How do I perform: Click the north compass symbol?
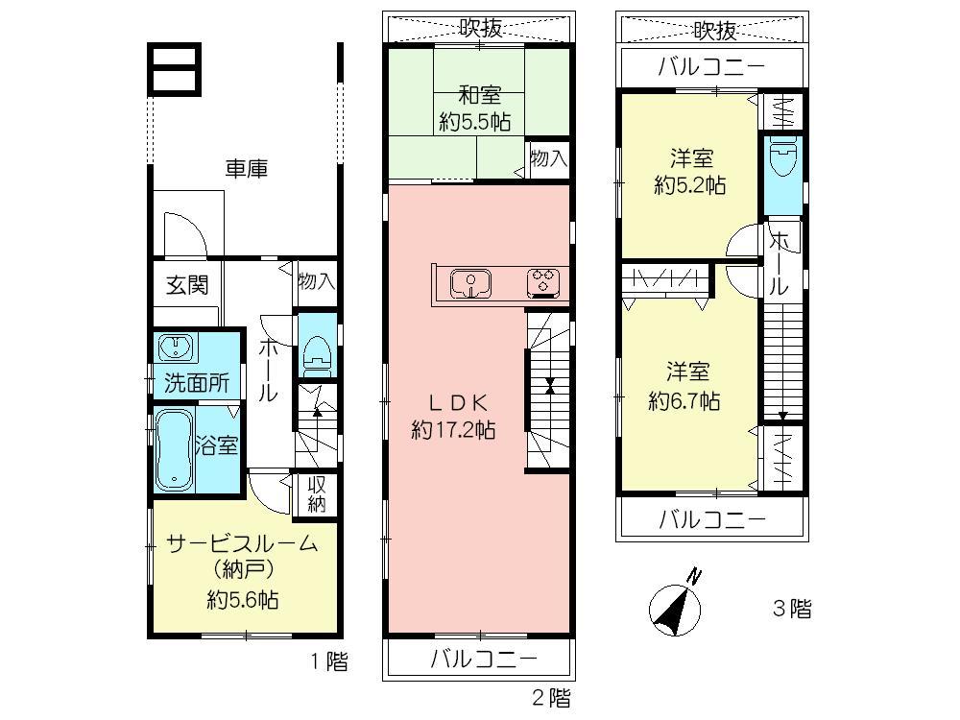675,607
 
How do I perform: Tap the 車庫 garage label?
246,170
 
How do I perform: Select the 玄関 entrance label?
187,285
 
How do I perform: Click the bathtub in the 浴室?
174,446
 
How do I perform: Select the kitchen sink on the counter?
470,283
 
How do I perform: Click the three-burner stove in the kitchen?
543,283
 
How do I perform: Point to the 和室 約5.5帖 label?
474,108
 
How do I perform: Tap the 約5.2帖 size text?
689,186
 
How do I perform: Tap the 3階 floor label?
792,609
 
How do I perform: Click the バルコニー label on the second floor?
483,660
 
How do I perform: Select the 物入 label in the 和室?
548,158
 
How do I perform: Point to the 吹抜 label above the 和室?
480,29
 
